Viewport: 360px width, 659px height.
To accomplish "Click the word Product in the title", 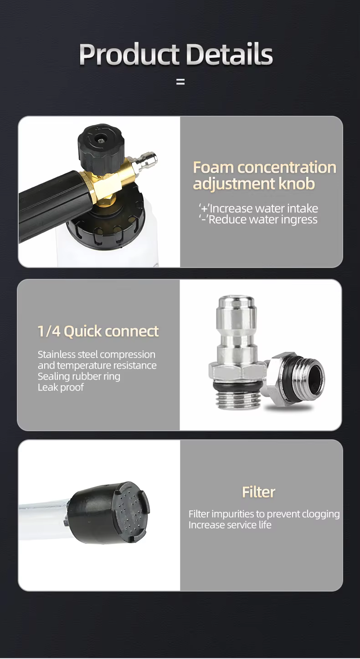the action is pos(129,55).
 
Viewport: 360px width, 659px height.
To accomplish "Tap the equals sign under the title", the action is pos(180,82).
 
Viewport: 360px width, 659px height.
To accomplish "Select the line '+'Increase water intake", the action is pos(258,208).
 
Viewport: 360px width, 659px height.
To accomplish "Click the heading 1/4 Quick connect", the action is pos(98,332).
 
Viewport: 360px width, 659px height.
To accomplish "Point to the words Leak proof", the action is pos(61,387).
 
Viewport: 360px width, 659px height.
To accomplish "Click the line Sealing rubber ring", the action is pos(79,376).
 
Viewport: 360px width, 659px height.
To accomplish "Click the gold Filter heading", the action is pos(258,492).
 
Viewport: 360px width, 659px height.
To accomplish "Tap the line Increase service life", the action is pos(230,525).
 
